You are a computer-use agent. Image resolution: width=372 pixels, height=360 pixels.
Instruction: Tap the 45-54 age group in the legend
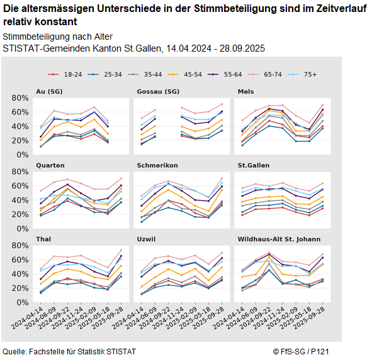[191, 74]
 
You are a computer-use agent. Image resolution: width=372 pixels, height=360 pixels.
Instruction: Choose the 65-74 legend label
[272, 74]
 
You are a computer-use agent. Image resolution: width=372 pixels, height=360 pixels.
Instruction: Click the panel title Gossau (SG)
[157, 92]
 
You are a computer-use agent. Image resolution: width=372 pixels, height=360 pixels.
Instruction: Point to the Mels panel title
[245, 92]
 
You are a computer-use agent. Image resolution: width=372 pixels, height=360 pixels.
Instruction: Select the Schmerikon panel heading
[157, 166]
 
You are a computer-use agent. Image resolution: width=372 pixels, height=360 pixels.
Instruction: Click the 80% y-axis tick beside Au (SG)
[21, 98]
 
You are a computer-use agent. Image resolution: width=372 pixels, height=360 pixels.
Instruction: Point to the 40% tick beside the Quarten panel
[21, 200]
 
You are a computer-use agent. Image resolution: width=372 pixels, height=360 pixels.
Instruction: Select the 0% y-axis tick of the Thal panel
[24, 303]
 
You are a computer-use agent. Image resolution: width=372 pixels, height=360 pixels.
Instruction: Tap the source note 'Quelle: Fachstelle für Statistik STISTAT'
[69, 351]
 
